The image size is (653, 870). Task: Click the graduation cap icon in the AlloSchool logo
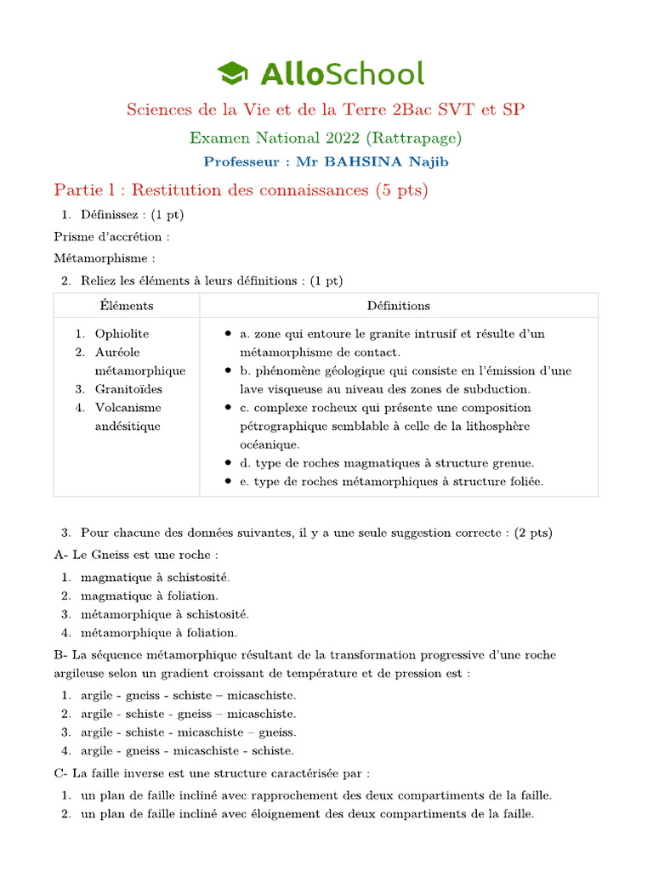[x=232, y=73]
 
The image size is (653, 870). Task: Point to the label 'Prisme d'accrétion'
[x=111, y=236]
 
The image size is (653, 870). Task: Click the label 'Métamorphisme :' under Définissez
[x=105, y=257]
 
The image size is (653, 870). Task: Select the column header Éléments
[x=126, y=305]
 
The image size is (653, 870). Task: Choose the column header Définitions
[x=398, y=305]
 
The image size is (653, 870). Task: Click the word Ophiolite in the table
[x=122, y=334]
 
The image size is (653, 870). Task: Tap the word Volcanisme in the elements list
[x=128, y=408]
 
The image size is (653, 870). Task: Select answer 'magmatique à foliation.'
[x=149, y=596]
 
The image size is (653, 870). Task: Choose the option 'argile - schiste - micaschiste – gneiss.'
[x=188, y=732]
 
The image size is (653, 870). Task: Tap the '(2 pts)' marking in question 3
[x=533, y=533]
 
